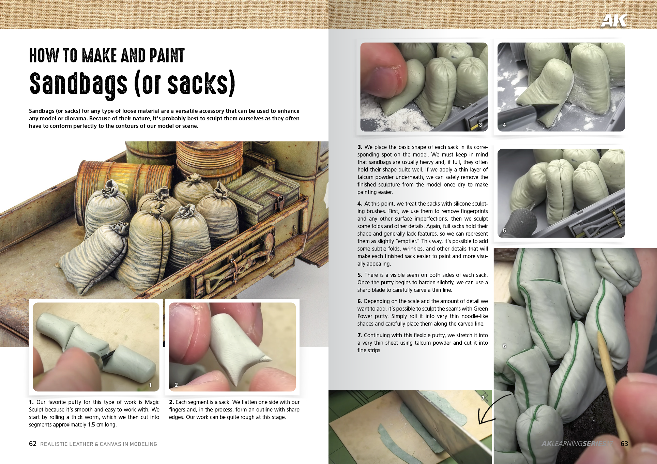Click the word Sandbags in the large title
pos(78,84)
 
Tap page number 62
pos(33,444)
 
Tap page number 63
pos(624,444)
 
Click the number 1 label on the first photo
pos(150,385)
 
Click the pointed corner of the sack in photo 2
pos(266,359)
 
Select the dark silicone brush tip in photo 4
pos(542,111)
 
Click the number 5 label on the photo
pos(504,230)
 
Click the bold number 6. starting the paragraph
pos(360,301)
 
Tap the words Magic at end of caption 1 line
pos(152,402)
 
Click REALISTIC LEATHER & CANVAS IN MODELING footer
pos(98,444)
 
